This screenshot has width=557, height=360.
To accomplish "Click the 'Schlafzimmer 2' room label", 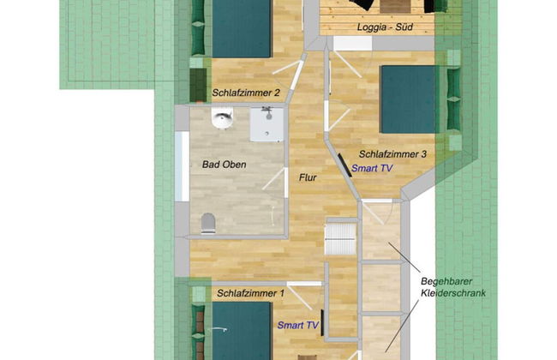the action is coord(246,93).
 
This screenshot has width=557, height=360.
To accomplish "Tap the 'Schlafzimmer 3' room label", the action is coord(392,154).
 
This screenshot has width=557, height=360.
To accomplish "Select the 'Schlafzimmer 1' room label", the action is coord(251,293).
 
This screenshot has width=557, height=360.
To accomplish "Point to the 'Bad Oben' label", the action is coord(225,165).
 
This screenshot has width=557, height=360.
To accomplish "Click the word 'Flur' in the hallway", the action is coord(308,177).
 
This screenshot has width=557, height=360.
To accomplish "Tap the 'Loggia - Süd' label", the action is coord(385,27).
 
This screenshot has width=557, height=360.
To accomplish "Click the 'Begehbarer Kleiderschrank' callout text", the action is coord(453,287).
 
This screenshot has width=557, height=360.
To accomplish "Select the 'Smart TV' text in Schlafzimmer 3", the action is coord(372,168).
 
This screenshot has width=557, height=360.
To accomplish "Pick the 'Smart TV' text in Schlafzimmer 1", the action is coord(298,325).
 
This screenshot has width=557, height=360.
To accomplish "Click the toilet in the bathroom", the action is coord(208,224).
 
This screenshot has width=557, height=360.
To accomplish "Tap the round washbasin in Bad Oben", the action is coord(223,117).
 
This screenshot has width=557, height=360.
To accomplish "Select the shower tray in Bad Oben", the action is coord(267,124).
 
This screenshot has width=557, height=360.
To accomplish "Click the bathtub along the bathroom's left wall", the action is coord(183,166).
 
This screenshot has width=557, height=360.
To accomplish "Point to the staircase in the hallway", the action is coord(341,237).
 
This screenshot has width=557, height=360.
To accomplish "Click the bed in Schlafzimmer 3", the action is coord(409,99).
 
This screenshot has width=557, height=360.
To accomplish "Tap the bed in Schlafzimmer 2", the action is coord(242,28).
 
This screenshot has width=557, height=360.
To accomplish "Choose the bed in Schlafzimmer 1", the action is coord(242,331).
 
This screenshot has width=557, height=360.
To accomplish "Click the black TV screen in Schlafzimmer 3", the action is coord(344,165).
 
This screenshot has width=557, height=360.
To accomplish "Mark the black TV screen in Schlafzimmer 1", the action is coord(322,322).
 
